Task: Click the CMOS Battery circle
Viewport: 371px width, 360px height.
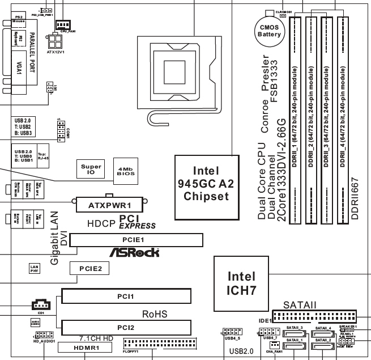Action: click(x=269, y=30)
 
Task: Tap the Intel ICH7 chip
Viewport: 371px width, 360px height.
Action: click(x=241, y=282)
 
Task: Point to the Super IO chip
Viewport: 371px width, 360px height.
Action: click(x=91, y=169)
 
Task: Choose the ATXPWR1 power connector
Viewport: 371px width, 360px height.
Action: click(x=109, y=204)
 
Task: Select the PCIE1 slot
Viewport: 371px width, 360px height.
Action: click(x=135, y=240)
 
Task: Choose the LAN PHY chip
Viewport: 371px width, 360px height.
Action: click(x=35, y=269)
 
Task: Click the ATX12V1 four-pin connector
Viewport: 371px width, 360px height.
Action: click(x=56, y=41)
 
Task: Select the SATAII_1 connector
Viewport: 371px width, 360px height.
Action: click(x=294, y=344)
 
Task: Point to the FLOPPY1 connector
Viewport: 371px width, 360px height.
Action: click(x=160, y=344)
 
